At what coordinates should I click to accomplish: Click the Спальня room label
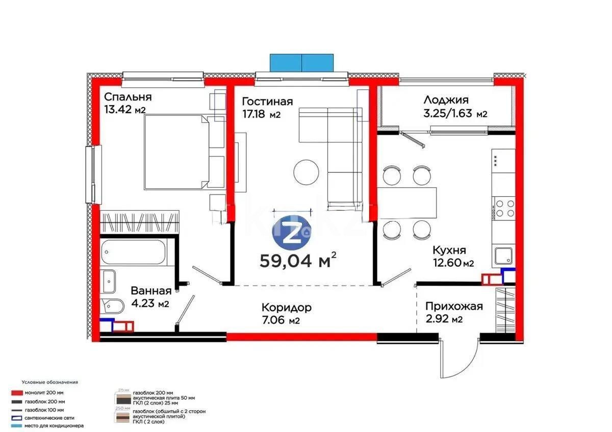click(x=127, y=97)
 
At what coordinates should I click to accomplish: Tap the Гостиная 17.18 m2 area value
click(x=261, y=115)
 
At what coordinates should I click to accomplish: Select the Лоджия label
click(x=446, y=100)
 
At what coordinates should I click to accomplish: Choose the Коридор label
click(x=286, y=308)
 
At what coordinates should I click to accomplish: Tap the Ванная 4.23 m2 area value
click(x=149, y=304)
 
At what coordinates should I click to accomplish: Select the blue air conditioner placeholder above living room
click(x=301, y=62)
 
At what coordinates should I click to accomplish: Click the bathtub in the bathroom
click(x=133, y=252)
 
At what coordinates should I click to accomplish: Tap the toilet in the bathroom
click(x=112, y=306)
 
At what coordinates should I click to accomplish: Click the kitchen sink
click(x=502, y=254)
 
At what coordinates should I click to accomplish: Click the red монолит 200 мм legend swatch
click(x=16, y=393)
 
